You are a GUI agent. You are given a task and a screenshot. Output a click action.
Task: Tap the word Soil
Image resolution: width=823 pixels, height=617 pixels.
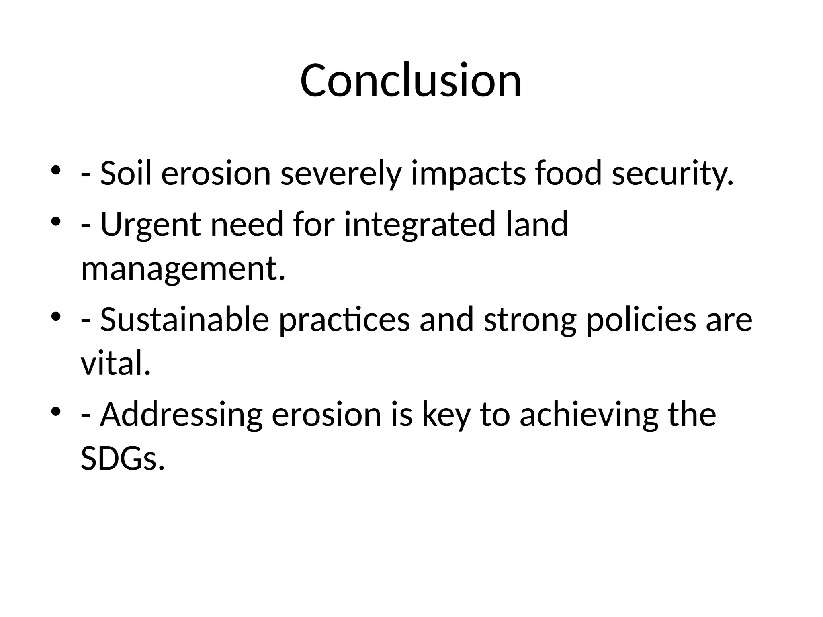pos(126,174)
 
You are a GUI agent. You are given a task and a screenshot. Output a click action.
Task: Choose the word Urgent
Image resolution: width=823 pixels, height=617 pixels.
pos(150,225)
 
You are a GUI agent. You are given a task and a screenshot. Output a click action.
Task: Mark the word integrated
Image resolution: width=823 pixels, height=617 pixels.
pos(420,225)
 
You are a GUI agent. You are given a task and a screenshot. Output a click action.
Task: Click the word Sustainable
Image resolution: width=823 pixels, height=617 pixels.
pos(184,320)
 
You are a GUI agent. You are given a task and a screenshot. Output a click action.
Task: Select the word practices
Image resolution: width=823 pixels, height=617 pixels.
pos(344,320)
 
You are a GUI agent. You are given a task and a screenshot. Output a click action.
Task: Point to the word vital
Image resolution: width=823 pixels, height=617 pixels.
pos(116,364)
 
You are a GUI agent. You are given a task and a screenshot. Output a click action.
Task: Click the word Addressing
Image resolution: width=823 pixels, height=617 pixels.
pos(181,415)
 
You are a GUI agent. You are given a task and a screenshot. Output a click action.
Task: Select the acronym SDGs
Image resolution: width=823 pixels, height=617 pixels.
pos(123,459)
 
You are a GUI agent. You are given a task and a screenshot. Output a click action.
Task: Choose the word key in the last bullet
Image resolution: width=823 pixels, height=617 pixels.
pos(446,415)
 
